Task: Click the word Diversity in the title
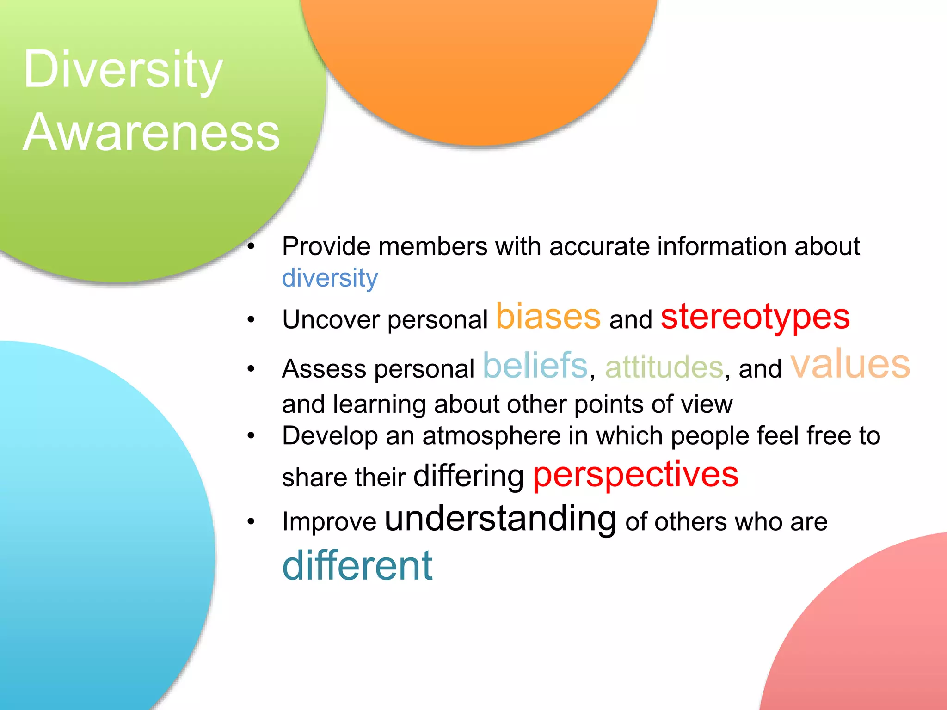tap(123, 70)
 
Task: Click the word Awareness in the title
tap(151, 133)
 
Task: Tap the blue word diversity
tap(330, 278)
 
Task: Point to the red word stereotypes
tap(755, 318)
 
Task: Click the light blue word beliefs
tap(535, 366)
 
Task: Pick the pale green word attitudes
tap(664, 367)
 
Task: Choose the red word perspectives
tap(636, 475)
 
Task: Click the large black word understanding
tap(500, 519)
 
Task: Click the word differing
tap(468, 476)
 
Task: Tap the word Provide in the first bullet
tap(326, 246)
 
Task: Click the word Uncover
tap(331, 319)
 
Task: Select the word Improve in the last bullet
tap(329, 522)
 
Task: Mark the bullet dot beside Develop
tap(251, 435)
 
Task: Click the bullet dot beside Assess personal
tap(251, 369)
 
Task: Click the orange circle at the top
tap(479, 65)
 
